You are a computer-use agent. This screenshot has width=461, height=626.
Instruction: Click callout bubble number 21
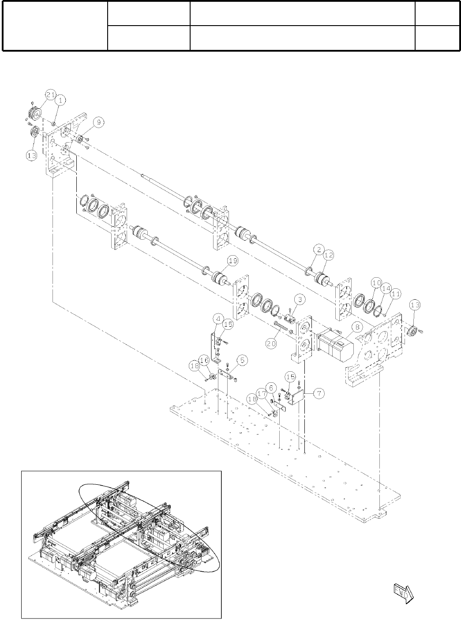(51, 94)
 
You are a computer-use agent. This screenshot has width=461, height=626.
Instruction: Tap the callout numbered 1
(60, 100)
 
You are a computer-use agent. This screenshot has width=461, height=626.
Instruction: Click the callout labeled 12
(329, 255)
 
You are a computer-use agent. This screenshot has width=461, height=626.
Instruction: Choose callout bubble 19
(232, 261)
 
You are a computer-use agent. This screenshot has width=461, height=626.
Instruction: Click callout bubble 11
(396, 294)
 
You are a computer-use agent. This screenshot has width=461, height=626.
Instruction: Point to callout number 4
(218, 318)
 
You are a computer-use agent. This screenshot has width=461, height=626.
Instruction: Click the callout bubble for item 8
(356, 327)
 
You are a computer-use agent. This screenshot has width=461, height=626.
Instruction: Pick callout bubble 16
(205, 361)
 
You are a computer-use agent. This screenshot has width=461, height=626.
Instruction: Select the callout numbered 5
(242, 361)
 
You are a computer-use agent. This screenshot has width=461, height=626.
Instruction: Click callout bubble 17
(262, 392)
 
